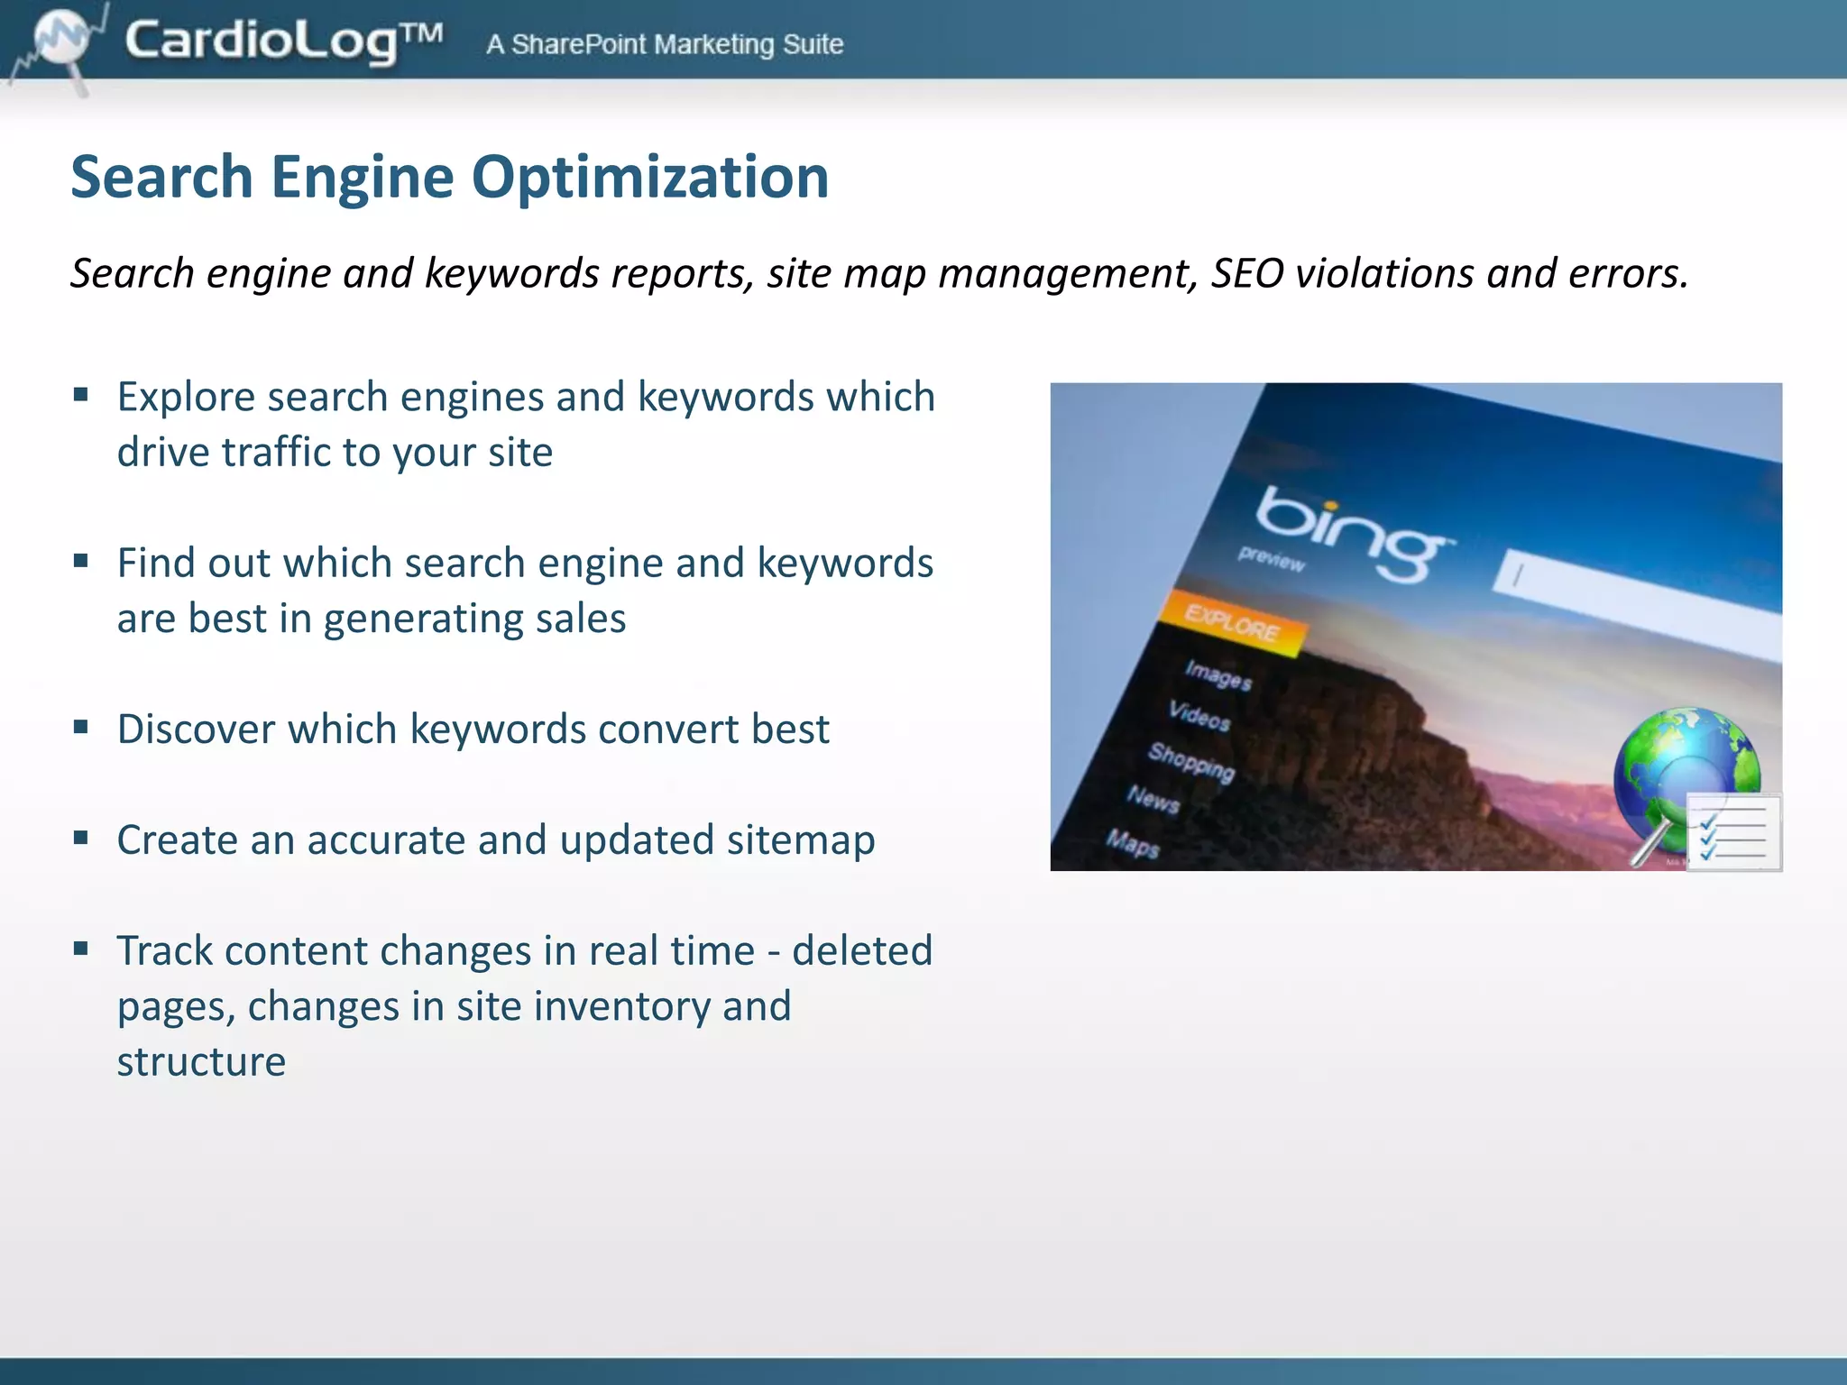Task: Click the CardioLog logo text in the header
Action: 283,41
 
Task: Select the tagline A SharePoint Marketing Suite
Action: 665,44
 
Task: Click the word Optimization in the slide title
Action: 649,177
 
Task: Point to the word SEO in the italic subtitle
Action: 1247,273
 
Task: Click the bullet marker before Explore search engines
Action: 81,395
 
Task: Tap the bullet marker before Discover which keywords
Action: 81,727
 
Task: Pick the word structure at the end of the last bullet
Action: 201,1062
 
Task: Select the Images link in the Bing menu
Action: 1218,674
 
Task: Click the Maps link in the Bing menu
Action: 1133,843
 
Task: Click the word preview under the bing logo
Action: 1271,559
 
